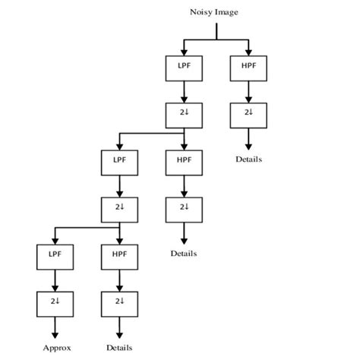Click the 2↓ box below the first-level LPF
tap(184, 115)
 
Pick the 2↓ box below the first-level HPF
tap(248, 115)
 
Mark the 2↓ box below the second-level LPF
tap(119, 207)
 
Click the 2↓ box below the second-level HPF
tap(184, 207)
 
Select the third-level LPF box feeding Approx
tap(55, 255)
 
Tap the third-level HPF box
tap(119, 255)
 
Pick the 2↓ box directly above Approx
tap(55, 302)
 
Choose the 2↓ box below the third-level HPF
tap(119, 302)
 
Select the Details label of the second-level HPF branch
tap(184, 253)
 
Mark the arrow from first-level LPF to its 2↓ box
tap(184, 92)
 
